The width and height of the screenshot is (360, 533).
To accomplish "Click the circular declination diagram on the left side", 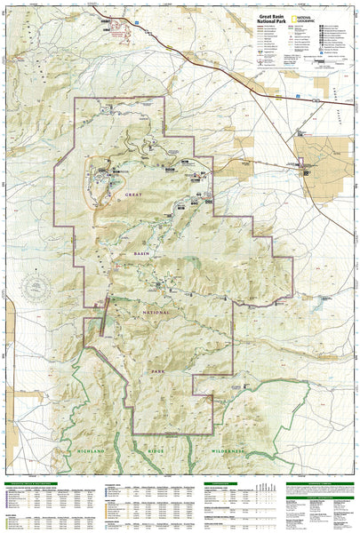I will [36, 287].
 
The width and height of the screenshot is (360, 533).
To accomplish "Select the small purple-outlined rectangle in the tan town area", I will [308, 173].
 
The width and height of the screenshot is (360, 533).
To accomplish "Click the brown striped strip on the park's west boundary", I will [102, 317].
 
